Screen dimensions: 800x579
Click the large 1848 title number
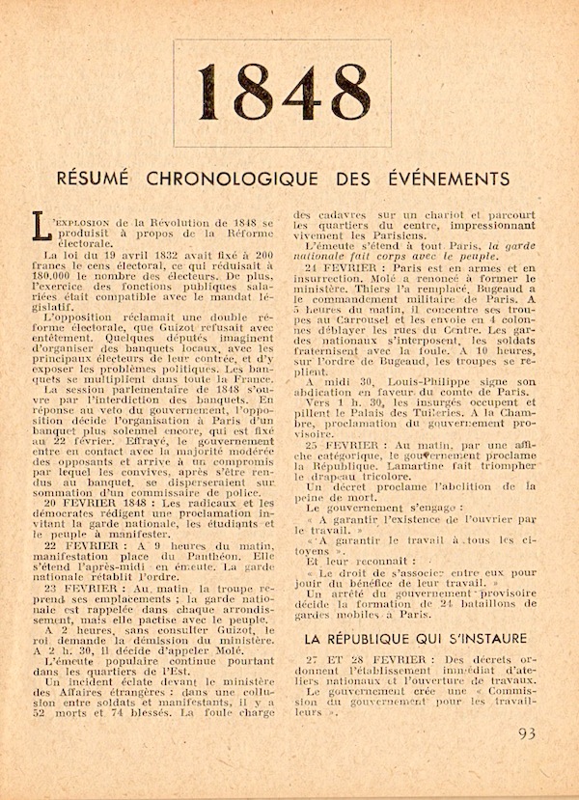[281, 94]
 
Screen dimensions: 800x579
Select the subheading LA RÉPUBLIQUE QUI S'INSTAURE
[415, 638]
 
